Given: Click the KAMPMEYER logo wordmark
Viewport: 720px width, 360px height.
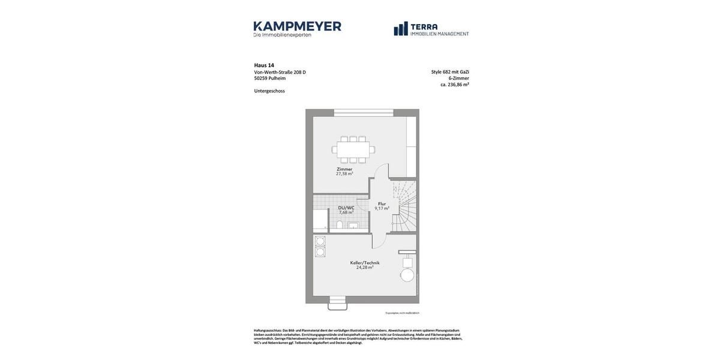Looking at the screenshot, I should click(297, 26).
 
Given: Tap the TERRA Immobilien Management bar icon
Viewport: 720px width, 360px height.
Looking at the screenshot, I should click(401, 29).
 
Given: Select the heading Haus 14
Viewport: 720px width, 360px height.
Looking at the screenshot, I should click(264, 65).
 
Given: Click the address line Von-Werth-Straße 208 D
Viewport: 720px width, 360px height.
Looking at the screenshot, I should click(280, 72).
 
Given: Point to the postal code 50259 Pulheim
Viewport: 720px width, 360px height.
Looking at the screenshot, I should click(269, 78).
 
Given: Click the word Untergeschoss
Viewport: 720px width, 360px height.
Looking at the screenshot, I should click(269, 91).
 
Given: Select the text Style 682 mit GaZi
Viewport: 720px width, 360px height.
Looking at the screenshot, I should click(450, 72).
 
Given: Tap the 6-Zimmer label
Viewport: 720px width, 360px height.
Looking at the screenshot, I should click(458, 78).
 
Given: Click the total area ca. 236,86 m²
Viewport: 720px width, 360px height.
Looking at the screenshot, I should click(455, 85).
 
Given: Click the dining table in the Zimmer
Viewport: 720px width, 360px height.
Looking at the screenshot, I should click(353, 149).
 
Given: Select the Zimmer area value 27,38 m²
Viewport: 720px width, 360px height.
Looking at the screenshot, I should click(344, 174).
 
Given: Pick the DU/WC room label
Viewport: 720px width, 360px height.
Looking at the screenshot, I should click(346, 208).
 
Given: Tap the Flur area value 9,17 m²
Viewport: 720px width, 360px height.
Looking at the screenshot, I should click(382, 209).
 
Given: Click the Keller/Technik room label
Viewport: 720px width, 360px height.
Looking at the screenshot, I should click(365, 263).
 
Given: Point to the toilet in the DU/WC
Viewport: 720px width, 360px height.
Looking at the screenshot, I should click(340, 225).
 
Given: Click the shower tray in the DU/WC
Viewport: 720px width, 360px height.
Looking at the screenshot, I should click(320, 220).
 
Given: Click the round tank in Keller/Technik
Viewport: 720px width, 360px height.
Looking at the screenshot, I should click(407, 275).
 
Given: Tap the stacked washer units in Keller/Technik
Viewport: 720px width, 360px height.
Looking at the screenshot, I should click(320, 247).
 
